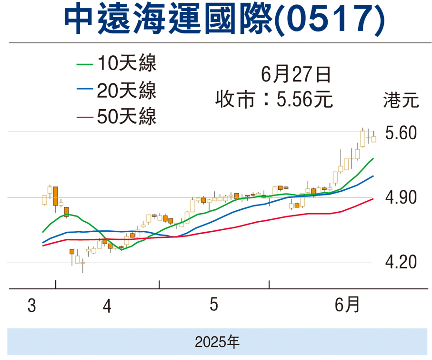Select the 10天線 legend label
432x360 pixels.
click(x=126, y=63)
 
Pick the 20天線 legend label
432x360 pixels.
click(x=126, y=90)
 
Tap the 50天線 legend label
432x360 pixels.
click(x=126, y=117)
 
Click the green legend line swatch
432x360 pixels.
click(x=85, y=63)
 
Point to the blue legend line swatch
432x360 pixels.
click(x=85, y=90)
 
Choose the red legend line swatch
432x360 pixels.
click(x=85, y=117)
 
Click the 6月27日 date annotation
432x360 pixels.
click(x=295, y=75)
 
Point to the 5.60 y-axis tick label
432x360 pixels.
click(x=401, y=133)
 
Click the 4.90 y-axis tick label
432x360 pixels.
click(x=401, y=197)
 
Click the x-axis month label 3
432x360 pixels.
click(x=32, y=306)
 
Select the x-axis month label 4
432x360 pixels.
click(x=107, y=306)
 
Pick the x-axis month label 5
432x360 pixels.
click(x=214, y=305)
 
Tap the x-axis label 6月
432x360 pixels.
click(x=347, y=305)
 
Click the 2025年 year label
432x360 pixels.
click(x=217, y=341)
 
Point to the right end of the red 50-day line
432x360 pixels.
click(x=373, y=198)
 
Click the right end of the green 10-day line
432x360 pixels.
click(x=373, y=158)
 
